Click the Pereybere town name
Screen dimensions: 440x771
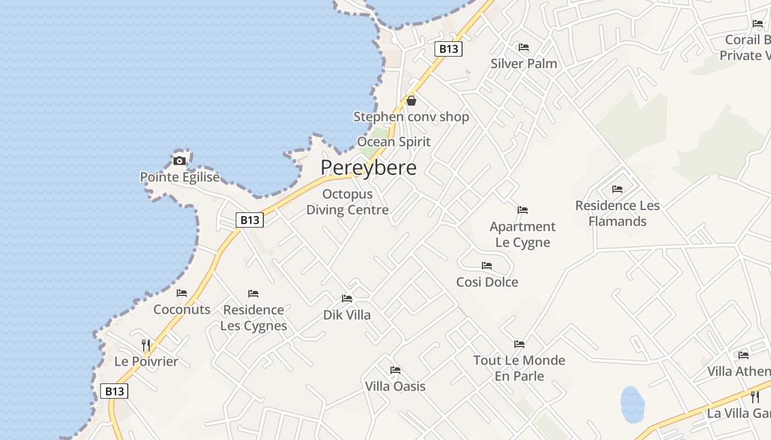[368, 167]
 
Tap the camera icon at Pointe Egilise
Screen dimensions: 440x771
[180, 161]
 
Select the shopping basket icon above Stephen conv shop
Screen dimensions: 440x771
[411, 101]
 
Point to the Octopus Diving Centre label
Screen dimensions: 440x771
[348, 202]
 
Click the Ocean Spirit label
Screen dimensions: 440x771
[394, 141]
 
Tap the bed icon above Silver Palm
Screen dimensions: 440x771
[524, 47]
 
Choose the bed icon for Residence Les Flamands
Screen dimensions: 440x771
[617, 189]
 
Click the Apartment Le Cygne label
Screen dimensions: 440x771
[523, 234]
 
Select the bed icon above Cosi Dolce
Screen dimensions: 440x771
[487, 266]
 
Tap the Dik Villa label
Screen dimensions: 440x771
[347, 315]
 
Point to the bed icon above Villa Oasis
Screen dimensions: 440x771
[395, 370]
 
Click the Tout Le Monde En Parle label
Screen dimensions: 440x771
[519, 368]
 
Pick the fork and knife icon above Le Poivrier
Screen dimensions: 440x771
[146, 345]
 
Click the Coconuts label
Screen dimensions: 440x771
[182, 309]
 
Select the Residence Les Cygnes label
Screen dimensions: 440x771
[253, 317]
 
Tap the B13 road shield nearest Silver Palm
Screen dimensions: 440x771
[448, 49]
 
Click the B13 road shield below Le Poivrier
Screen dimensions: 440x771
[115, 391]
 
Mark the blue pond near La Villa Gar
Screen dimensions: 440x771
[632, 404]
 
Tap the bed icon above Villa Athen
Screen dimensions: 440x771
[743, 355]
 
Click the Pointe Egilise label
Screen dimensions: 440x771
[180, 177]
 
